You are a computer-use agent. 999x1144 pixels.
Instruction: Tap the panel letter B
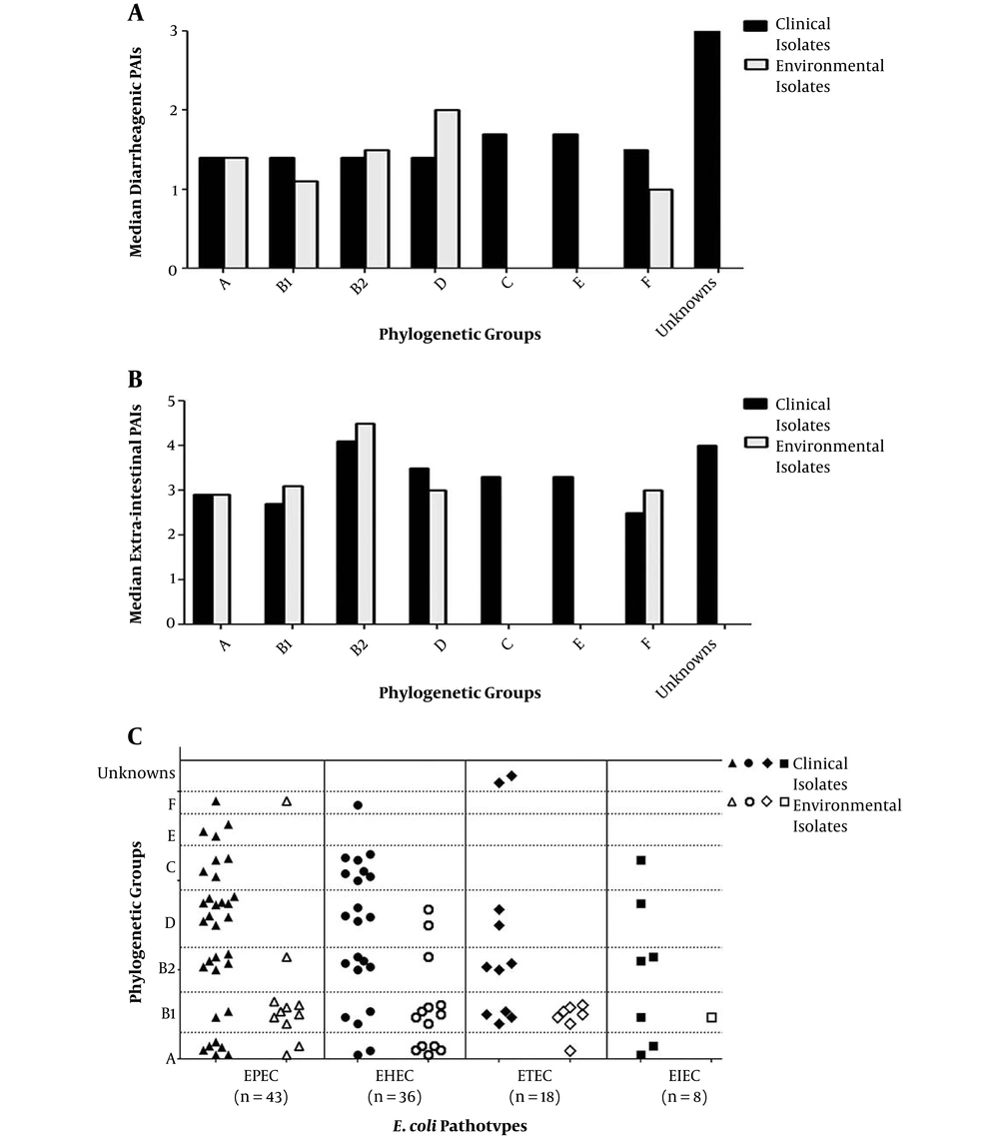135,380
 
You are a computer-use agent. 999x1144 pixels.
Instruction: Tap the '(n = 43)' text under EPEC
254,1097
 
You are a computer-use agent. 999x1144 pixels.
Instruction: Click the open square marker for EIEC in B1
712,1017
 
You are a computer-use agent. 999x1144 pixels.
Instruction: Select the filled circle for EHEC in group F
358,805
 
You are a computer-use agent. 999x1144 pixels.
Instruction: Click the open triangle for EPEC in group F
287,801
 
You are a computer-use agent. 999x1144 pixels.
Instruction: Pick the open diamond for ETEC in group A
570,1051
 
